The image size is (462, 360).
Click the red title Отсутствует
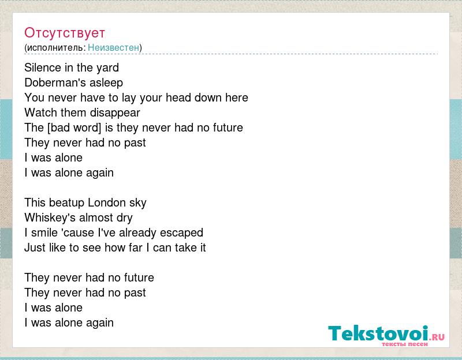(65, 33)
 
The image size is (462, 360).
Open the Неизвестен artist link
(113, 47)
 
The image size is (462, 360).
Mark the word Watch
(40, 112)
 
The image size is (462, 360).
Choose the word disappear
(115, 113)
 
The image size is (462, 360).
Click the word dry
(125, 219)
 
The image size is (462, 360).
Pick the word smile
(44, 233)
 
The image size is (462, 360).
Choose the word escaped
(181, 234)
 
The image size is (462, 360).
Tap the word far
(136, 248)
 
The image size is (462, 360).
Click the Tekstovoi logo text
(378, 333)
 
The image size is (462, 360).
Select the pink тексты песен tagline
(405, 344)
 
